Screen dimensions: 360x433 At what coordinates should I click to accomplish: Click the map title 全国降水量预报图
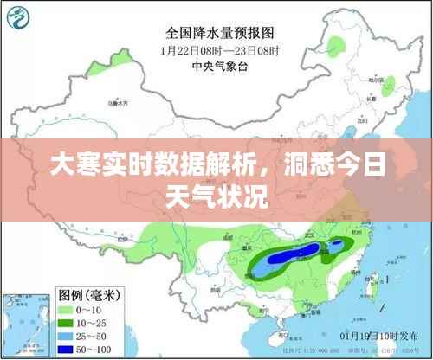[x=220, y=33]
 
